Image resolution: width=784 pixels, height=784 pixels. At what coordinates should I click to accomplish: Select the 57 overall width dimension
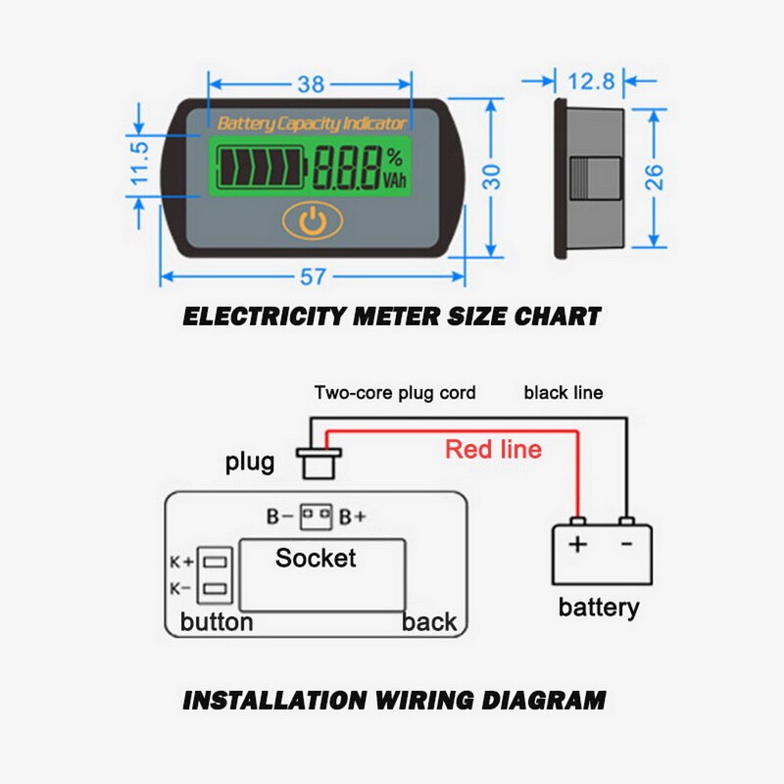click(x=313, y=277)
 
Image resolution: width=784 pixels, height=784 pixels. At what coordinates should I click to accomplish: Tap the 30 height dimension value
click(x=492, y=175)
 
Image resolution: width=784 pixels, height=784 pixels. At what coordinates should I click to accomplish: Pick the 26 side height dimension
click(x=655, y=176)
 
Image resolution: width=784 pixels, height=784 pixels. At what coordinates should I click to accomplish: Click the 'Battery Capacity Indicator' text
click(x=312, y=123)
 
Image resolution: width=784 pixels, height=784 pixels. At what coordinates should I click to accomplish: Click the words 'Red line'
click(x=493, y=450)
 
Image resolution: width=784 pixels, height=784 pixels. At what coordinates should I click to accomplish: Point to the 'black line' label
click(x=563, y=393)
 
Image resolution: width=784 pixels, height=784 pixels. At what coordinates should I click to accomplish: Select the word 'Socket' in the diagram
click(x=316, y=559)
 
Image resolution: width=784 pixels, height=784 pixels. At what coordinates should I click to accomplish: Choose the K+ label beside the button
click(x=181, y=563)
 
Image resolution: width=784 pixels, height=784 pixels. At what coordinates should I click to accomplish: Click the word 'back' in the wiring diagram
click(x=429, y=621)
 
